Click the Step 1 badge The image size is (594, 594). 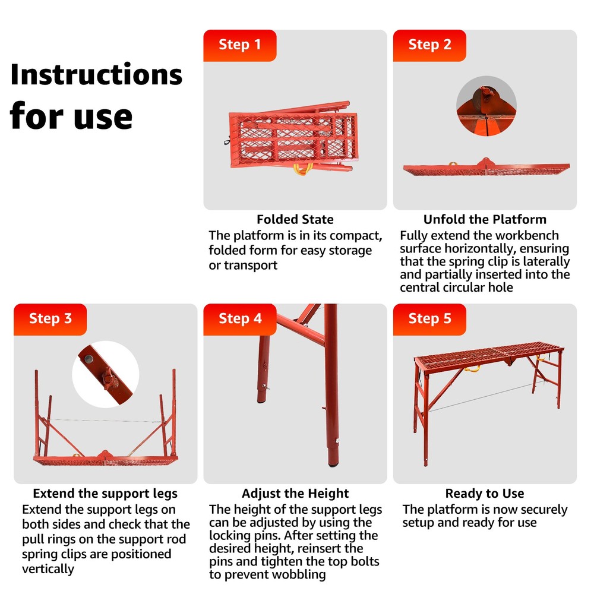pyautogui.click(x=240, y=46)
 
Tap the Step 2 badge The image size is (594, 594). pyautogui.click(x=429, y=46)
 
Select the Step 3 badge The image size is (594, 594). pyautogui.click(x=50, y=320)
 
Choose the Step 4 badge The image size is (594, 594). pyautogui.click(x=240, y=320)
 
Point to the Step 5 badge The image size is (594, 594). pyautogui.click(x=429, y=320)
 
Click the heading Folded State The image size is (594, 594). pyautogui.click(x=295, y=219)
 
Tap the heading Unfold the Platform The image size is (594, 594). pyautogui.click(x=485, y=219)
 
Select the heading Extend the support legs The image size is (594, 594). pyautogui.click(x=105, y=494)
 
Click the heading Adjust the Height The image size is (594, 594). pyautogui.click(x=295, y=494)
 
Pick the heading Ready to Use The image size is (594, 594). pyautogui.click(x=485, y=494)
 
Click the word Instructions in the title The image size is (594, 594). pyautogui.click(x=96, y=74)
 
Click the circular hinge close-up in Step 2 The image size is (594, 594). pyautogui.click(x=486, y=106)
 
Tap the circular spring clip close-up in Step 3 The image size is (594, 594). pyautogui.click(x=106, y=374)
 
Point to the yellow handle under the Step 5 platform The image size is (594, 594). pyautogui.click(x=472, y=369)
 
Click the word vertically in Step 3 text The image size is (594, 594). pyautogui.click(x=48, y=569)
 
